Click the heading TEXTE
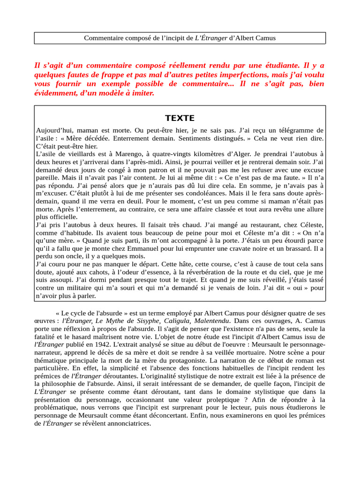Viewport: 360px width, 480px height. click(180, 118)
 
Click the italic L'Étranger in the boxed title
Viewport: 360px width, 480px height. click(211, 38)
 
